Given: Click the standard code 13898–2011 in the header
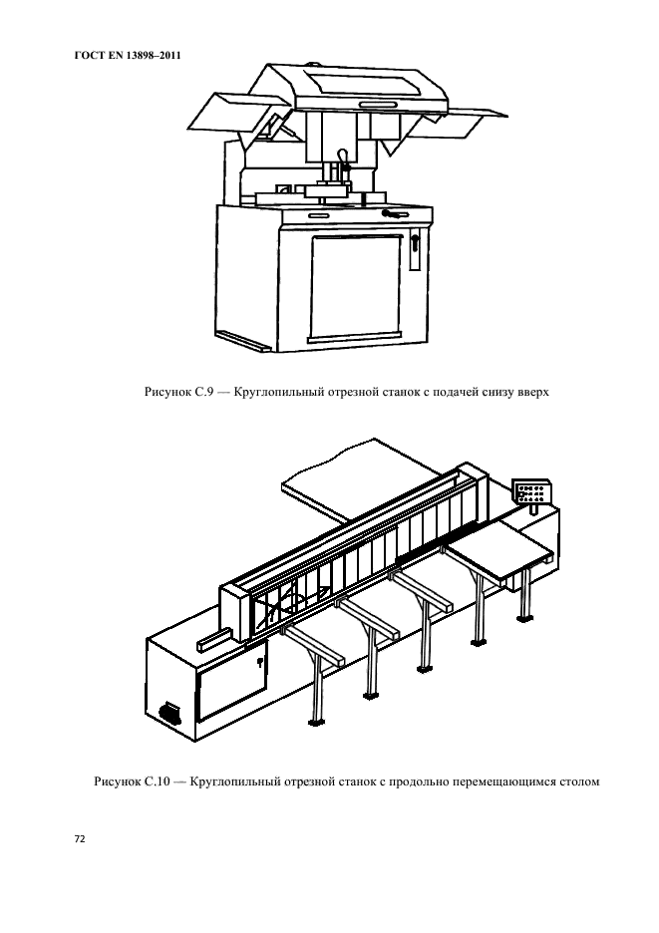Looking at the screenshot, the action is point(154,56).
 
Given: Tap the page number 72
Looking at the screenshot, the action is point(79,839).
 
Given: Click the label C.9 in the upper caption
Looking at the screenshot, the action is point(204,392).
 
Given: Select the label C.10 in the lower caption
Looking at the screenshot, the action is point(157,781).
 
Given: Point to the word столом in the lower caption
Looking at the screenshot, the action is point(579,781).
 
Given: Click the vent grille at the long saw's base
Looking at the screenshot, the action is point(169,713).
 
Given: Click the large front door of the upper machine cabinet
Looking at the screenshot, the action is point(356,288).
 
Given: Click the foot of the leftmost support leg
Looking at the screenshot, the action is point(317,723).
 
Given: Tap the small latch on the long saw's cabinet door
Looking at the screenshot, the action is point(260,662).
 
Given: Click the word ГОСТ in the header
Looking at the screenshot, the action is point(87,56).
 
